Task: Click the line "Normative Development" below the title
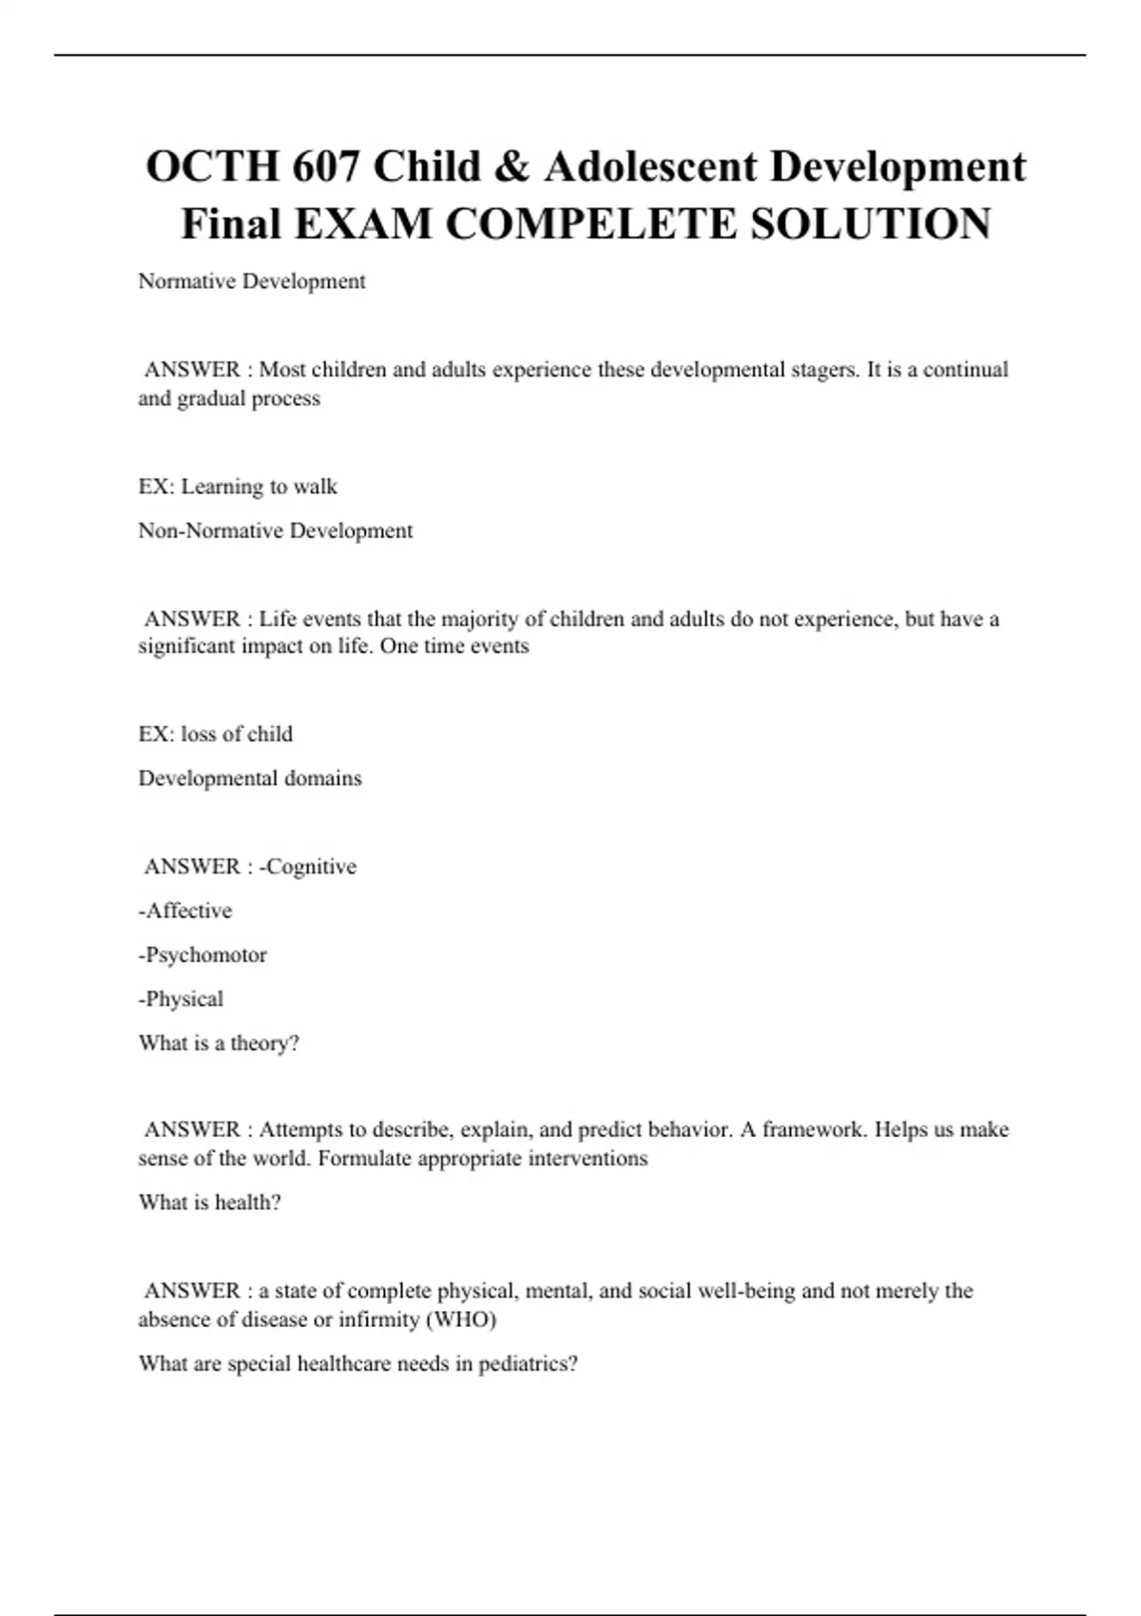(252, 281)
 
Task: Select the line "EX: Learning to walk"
(238, 487)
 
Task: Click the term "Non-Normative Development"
(276, 530)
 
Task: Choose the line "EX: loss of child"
(216, 734)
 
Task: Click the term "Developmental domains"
(250, 779)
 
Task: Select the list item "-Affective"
(185, 911)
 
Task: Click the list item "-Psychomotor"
(203, 955)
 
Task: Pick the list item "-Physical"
(181, 999)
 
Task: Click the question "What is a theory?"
(219, 1043)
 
